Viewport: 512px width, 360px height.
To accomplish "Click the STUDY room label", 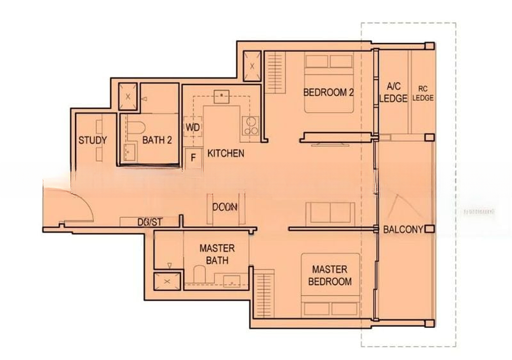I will (x=92, y=140).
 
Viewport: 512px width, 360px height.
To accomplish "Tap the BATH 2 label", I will (x=157, y=140).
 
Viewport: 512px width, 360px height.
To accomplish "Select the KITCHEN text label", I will (x=225, y=154).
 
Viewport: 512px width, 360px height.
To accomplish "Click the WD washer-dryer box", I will (x=193, y=127).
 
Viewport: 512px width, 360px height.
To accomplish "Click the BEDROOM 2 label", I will (x=328, y=92).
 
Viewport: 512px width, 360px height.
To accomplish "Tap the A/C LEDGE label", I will (x=393, y=92).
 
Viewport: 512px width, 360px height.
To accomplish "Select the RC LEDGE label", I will (x=422, y=93).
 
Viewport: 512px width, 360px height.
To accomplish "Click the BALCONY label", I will (x=403, y=229).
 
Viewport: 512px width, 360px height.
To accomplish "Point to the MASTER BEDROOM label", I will (x=330, y=275).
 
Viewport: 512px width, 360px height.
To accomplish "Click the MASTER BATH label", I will (x=216, y=254).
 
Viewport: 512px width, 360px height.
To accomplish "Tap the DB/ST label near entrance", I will (x=150, y=222).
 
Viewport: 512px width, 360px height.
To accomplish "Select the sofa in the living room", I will (x=330, y=213).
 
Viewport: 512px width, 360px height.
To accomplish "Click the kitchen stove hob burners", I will (x=250, y=126).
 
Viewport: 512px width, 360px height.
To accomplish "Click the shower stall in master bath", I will (x=166, y=281).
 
